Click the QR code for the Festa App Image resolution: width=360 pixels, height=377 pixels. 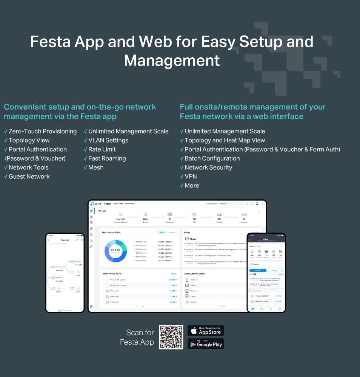click(171, 337)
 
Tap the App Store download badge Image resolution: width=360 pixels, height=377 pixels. click(206, 331)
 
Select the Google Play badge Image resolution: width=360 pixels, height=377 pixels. click(206, 344)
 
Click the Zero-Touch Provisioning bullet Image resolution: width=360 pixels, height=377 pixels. click(42, 131)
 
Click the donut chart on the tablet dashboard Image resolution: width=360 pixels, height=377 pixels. click(115, 250)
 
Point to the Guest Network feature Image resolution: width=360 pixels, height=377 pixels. click(29, 176)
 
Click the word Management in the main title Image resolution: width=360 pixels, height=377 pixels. click(172, 60)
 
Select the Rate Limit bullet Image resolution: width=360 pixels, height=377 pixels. click(102, 149)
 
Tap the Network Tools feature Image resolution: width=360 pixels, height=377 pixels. click(29, 167)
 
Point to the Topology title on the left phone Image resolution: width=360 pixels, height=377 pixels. click(65, 240)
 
